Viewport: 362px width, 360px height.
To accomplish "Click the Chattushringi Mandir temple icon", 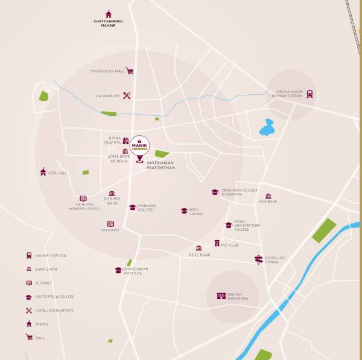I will coord(109,14).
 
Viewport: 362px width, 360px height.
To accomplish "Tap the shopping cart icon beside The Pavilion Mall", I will coord(129,71).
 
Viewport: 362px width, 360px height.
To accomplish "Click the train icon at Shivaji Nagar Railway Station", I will coord(310,94).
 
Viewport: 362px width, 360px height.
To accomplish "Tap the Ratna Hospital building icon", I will coord(125,140).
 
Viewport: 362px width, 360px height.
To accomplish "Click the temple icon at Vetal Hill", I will coord(43,172).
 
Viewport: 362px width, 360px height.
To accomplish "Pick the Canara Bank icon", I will coord(112,193).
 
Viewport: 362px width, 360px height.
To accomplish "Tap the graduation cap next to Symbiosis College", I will coord(133,207).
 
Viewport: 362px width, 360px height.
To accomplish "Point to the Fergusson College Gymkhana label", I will coord(235,192).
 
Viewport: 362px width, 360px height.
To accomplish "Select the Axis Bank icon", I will coord(268,196).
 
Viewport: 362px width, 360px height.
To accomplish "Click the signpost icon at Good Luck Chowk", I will coord(259,260).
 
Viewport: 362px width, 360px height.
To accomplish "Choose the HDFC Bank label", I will coord(198,255).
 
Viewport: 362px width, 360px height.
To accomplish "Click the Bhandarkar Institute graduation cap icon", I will coord(118,270).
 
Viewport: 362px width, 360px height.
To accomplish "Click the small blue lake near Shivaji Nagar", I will coord(266,129).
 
